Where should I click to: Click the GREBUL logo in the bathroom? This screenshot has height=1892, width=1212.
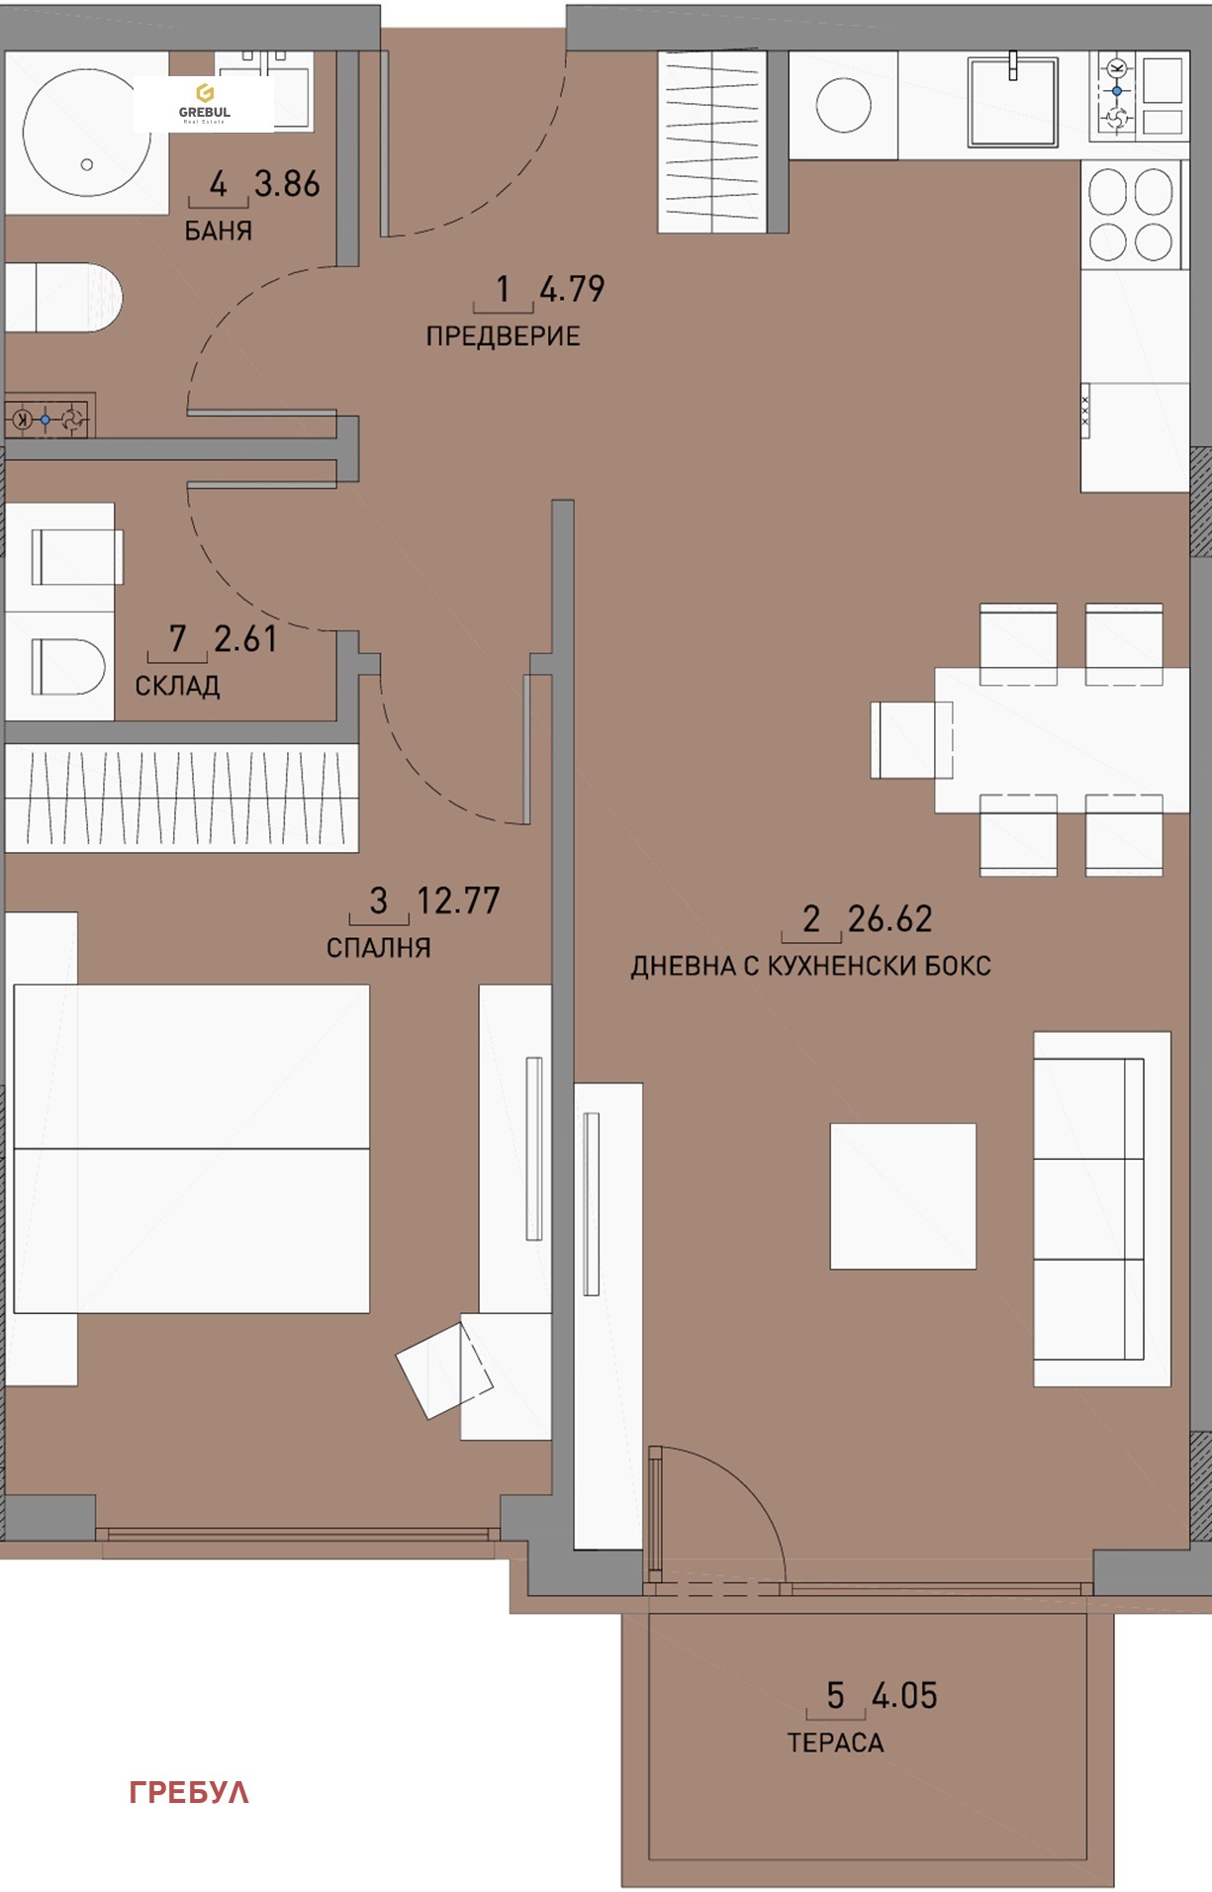pyautogui.click(x=204, y=104)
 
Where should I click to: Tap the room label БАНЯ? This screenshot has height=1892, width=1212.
pyautogui.click(x=219, y=232)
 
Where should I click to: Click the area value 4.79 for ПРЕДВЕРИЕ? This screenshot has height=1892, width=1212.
pyautogui.click(x=572, y=289)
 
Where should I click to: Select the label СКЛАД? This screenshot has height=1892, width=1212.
pyautogui.click(x=177, y=686)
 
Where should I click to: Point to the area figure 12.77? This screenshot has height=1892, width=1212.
pyautogui.click(x=458, y=900)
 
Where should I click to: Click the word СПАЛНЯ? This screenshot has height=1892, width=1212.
pyautogui.click(x=378, y=948)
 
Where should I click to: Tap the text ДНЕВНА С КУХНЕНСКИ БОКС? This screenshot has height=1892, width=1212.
pyautogui.click(x=810, y=966)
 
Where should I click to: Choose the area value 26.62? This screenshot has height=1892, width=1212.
pyautogui.click(x=889, y=919)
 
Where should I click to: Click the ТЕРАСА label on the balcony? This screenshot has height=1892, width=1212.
pyautogui.click(x=835, y=1743)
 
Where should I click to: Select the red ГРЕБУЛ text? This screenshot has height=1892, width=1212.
pyautogui.click(x=189, y=1792)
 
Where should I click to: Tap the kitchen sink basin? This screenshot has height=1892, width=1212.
pyautogui.click(x=1012, y=101)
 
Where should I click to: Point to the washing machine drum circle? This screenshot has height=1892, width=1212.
pyautogui.click(x=843, y=104)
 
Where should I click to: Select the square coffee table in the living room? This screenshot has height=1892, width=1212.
pyautogui.click(x=902, y=1195)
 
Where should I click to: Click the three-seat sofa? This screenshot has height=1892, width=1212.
pyautogui.click(x=1100, y=1208)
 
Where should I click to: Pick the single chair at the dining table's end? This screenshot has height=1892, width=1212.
pyautogui.click(x=910, y=739)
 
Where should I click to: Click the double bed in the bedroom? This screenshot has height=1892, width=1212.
pyautogui.click(x=191, y=1148)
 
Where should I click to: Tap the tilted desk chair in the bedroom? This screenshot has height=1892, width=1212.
pyautogui.click(x=443, y=1369)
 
